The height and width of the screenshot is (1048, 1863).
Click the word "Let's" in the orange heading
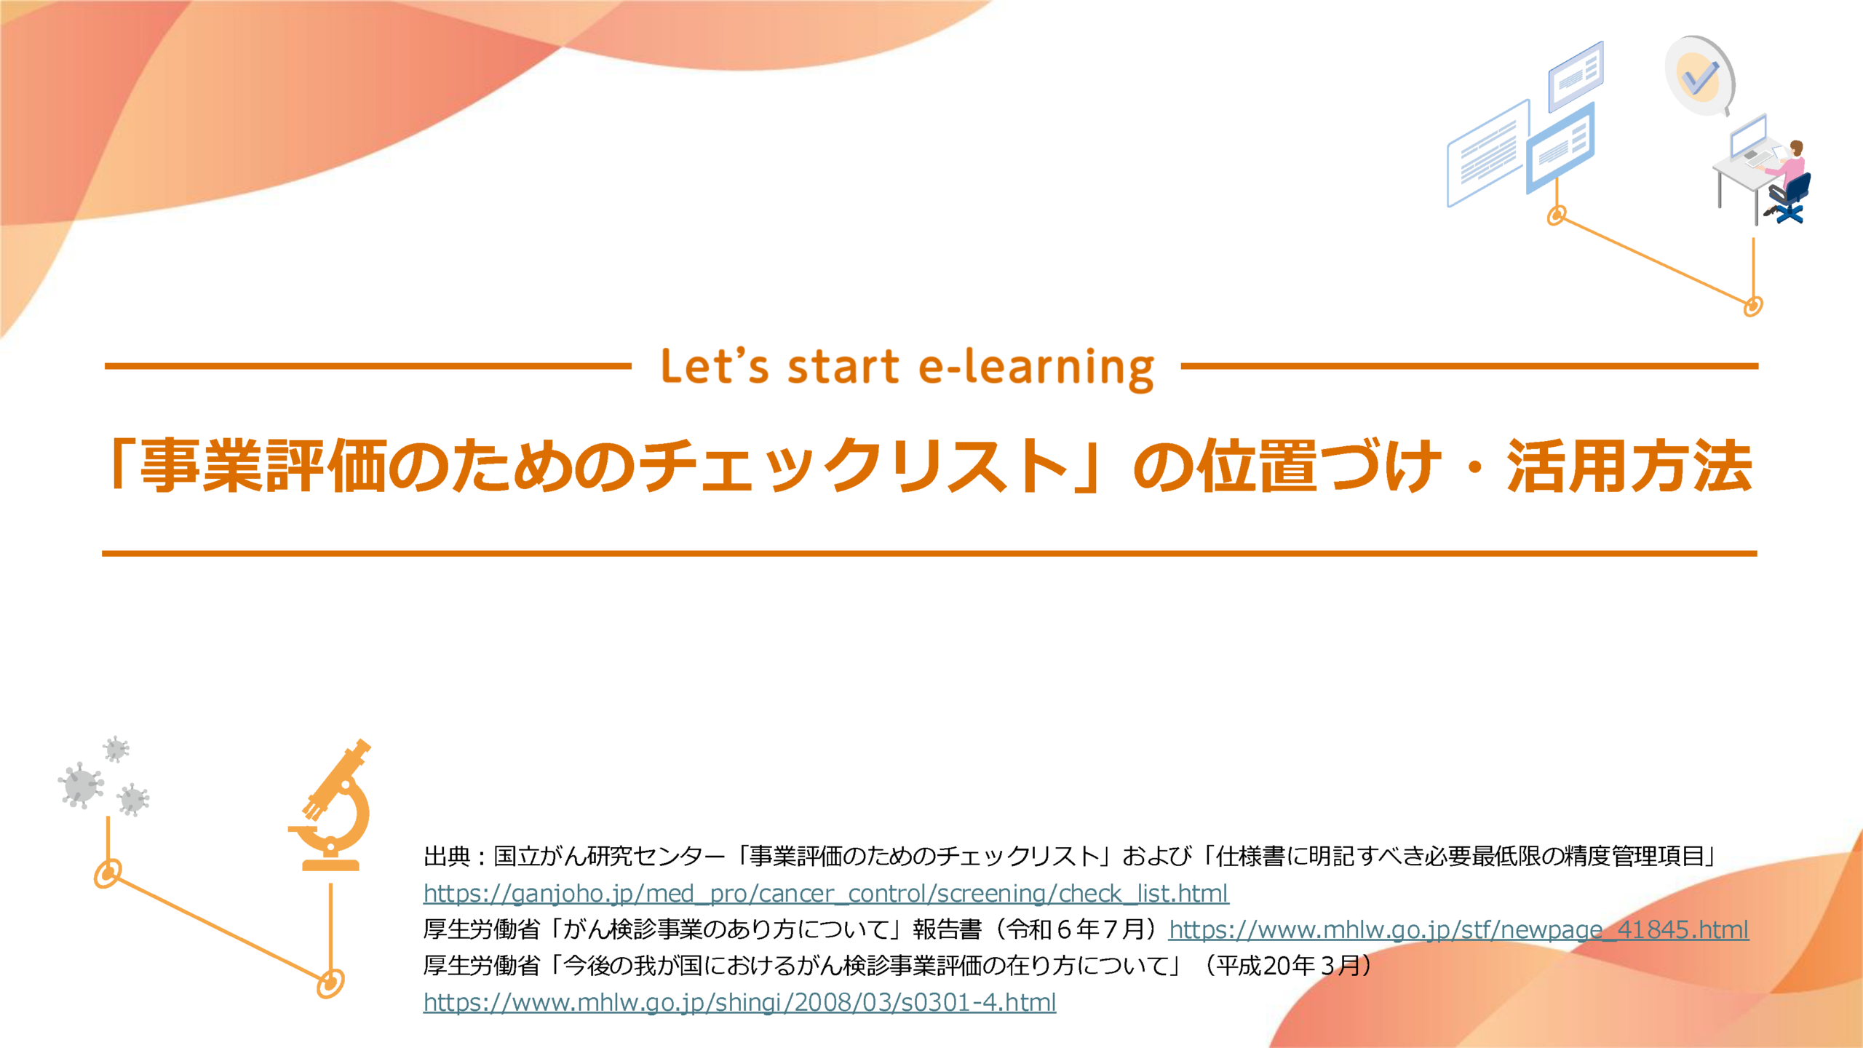point(714,366)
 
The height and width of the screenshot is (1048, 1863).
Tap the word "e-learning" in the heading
point(1036,368)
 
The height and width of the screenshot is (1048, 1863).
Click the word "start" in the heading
point(843,366)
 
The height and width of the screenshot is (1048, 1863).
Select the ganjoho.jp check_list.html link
point(826,893)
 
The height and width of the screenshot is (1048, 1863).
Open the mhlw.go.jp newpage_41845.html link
point(1458,929)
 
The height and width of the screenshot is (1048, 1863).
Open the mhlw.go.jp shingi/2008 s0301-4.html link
point(739,1002)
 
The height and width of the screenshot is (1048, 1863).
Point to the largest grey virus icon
point(80,785)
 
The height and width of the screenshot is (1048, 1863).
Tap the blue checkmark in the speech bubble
point(1701,79)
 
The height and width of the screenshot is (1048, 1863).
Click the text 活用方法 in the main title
point(1629,466)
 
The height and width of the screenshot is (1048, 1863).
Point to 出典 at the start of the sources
point(447,857)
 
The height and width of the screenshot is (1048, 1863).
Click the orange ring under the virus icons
point(108,873)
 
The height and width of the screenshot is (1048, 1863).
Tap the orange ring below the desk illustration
point(1753,306)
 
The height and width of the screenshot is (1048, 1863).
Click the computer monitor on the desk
point(1748,135)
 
